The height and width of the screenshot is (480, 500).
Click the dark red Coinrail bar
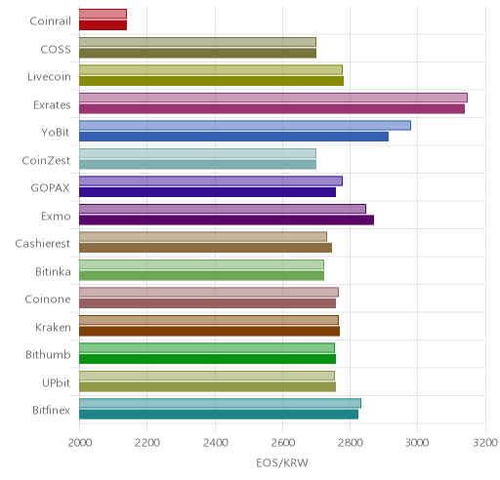coord(103,25)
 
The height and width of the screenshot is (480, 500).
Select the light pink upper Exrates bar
coord(273,98)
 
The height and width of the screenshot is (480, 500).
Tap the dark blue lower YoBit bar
coord(233,137)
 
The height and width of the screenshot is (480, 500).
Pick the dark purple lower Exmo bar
coord(227,220)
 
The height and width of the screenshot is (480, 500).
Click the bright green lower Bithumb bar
coord(207,359)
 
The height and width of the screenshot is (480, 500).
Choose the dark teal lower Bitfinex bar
coord(219,415)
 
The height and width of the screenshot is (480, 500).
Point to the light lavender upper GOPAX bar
coord(211,181)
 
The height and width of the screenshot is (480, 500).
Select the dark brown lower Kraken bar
coord(209,332)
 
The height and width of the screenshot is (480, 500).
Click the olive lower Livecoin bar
coord(211,81)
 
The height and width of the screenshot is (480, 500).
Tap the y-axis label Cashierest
coord(43,244)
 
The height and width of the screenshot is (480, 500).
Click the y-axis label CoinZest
coord(46,160)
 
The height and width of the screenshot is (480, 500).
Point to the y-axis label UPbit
coord(56,382)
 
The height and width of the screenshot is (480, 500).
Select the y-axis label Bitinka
coord(53,271)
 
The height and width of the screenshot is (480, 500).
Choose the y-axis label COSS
coord(56,50)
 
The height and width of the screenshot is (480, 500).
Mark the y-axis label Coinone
coord(48,300)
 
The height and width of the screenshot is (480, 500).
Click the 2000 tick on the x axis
coord(80,443)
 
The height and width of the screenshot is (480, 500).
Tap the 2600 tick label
coord(283,443)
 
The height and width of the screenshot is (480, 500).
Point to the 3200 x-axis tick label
coord(485,443)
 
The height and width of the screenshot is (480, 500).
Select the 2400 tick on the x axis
coord(215,443)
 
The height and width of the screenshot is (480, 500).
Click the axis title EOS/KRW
coord(282,462)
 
